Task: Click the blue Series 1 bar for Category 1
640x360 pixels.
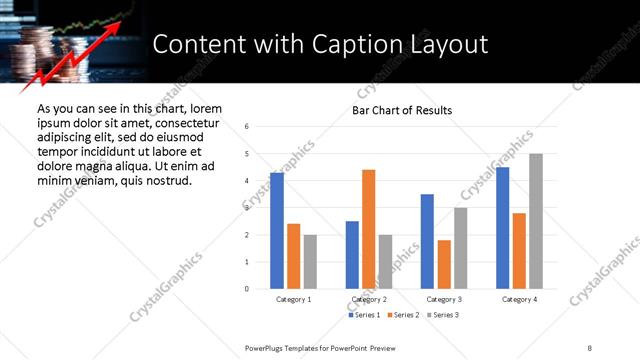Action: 277,231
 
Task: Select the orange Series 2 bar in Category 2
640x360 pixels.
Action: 369,229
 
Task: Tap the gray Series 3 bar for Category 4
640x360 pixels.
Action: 536,221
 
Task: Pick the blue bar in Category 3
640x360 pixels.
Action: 427,241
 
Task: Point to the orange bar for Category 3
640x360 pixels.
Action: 444,264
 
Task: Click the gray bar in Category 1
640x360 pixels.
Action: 310,262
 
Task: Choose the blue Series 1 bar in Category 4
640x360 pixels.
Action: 503,228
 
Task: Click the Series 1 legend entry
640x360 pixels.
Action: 364,315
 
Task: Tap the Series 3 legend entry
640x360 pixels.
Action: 444,315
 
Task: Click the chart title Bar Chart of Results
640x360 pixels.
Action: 402,110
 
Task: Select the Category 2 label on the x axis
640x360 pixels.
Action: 369,299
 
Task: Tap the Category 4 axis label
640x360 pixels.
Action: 519,299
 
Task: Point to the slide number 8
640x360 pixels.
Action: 590,346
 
